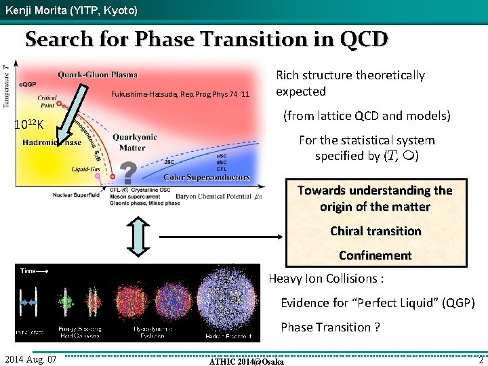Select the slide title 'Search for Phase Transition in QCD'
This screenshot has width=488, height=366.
tap(207, 39)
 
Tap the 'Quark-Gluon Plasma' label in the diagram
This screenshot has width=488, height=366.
tap(98, 75)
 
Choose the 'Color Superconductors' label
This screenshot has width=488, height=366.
tap(207, 178)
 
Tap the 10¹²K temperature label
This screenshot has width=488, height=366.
tap(29, 124)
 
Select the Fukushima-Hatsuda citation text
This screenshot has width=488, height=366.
tap(180, 94)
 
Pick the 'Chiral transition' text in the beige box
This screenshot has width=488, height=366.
tap(375, 231)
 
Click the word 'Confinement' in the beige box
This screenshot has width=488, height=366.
tap(375, 256)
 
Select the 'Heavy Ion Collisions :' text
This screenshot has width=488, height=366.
tap(327, 279)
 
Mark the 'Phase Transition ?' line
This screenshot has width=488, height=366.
tap(330, 327)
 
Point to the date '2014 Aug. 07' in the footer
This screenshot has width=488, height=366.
tap(32, 359)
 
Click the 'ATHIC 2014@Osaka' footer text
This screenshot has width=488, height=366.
tap(247, 361)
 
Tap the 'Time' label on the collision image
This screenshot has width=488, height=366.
tap(28, 270)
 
